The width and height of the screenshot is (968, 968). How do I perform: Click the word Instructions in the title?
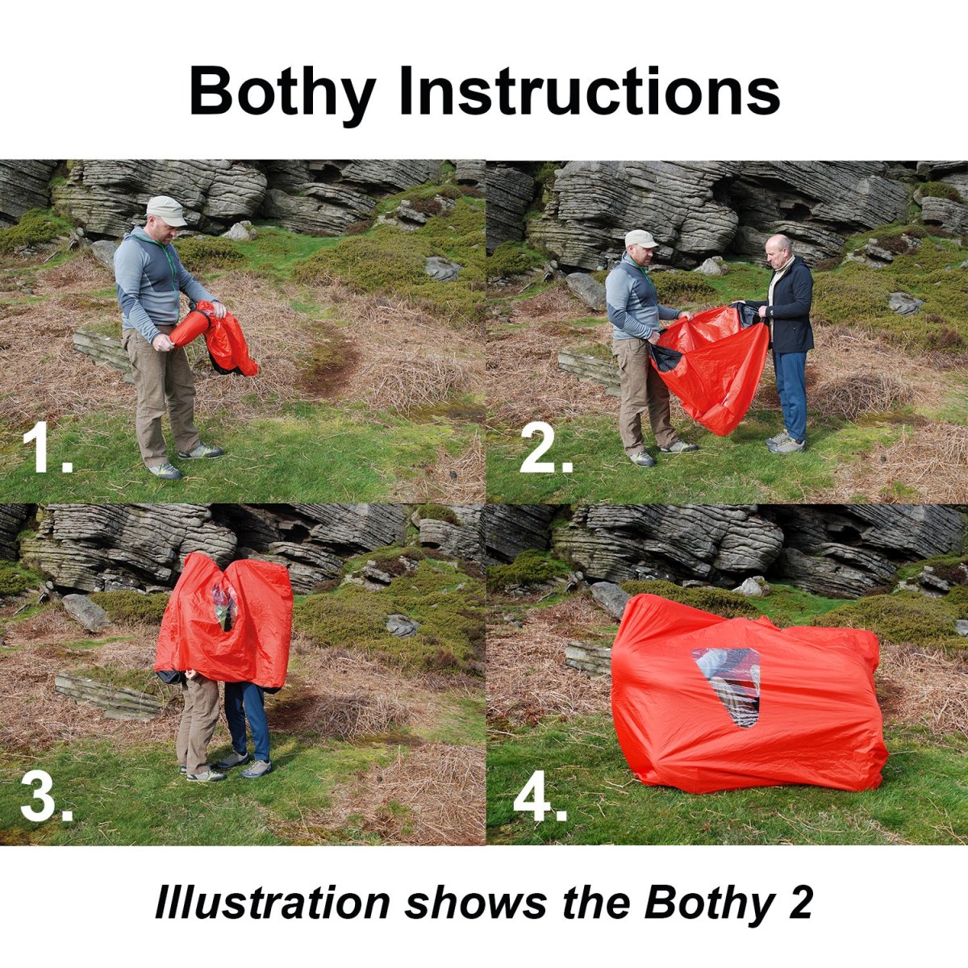click(x=589, y=90)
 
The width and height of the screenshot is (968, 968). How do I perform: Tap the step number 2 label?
click(x=547, y=447)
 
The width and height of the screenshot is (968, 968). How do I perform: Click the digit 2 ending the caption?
click(x=799, y=888)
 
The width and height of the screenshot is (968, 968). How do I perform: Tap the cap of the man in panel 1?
click(x=167, y=211)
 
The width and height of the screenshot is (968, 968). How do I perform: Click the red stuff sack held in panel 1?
click(x=190, y=328)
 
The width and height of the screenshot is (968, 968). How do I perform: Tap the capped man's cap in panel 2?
click(x=640, y=239)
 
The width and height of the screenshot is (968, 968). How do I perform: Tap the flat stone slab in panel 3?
click(x=107, y=696)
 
